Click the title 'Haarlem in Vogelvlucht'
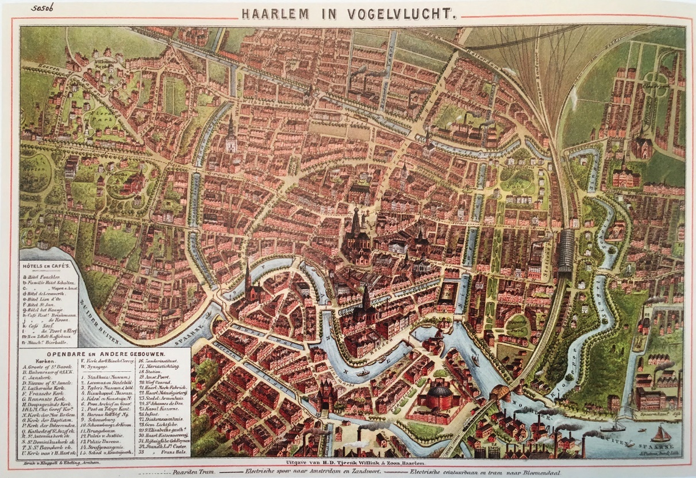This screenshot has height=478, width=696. click(x=348, y=14)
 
